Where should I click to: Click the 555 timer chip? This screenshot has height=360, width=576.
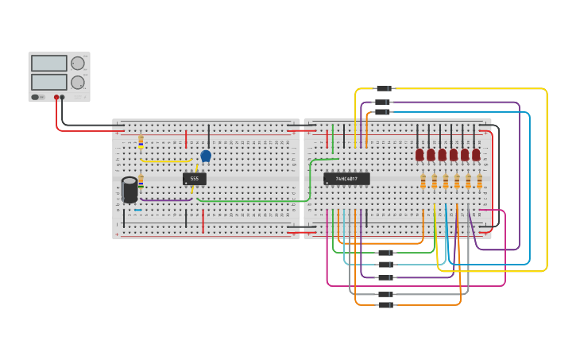pyautogui.click(x=194, y=179)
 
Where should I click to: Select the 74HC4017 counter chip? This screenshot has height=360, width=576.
pyautogui.click(x=346, y=179)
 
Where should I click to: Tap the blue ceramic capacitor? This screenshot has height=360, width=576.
pyautogui.click(x=206, y=156)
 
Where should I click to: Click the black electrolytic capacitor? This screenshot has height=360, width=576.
pyautogui.click(x=130, y=190)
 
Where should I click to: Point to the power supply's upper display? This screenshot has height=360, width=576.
pyautogui.click(x=48, y=64)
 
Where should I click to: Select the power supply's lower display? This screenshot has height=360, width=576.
pyautogui.click(x=48, y=82)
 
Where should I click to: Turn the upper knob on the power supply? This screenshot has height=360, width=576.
pyautogui.click(x=78, y=64)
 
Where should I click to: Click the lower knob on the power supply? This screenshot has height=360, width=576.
pyautogui.click(x=78, y=83)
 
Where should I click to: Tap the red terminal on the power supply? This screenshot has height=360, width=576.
pyautogui.click(x=56, y=98)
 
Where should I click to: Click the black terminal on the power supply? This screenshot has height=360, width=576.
pyautogui.click(x=62, y=98)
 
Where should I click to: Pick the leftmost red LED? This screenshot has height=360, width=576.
pyautogui.click(x=419, y=155)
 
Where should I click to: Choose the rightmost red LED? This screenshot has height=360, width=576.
pyautogui.click(x=476, y=155)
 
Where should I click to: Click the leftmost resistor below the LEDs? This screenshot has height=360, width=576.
pyautogui.click(x=423, y=181)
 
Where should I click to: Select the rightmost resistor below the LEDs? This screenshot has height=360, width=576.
pyautogui.click(x=479, y=181)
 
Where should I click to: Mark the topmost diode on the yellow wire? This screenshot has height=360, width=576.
pyautogui.click(x=383, y=88)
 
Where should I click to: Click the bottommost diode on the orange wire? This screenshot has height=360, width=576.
pyautogui.click(x=385, y=305)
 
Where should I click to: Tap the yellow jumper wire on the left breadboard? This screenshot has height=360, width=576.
pyautogui.click(x=167, y=161)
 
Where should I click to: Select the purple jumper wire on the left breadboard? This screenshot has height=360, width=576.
pyautogui.click(x=167, y=200)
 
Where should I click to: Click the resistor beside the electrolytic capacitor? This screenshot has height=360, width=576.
pyautogui.click(x=141, y=180)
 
